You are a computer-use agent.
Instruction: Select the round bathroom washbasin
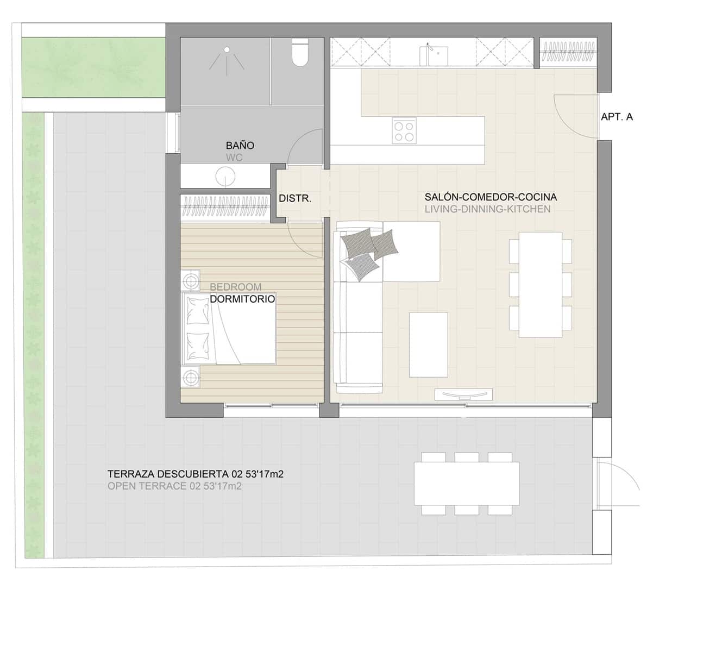224,176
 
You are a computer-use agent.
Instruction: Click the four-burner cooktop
404,130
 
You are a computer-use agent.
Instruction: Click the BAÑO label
240,146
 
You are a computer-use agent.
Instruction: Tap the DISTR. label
295,199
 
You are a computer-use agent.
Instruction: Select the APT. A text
617,117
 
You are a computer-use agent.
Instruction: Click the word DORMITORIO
242,299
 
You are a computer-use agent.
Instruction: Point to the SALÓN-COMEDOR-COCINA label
491,197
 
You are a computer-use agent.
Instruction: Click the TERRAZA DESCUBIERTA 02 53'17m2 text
195,474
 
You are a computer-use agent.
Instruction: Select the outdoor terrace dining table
466,484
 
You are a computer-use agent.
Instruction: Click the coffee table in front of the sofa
428,344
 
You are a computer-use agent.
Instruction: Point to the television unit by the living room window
463,394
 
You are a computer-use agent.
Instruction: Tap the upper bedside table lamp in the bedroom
191,281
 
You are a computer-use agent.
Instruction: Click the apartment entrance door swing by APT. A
575,117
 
